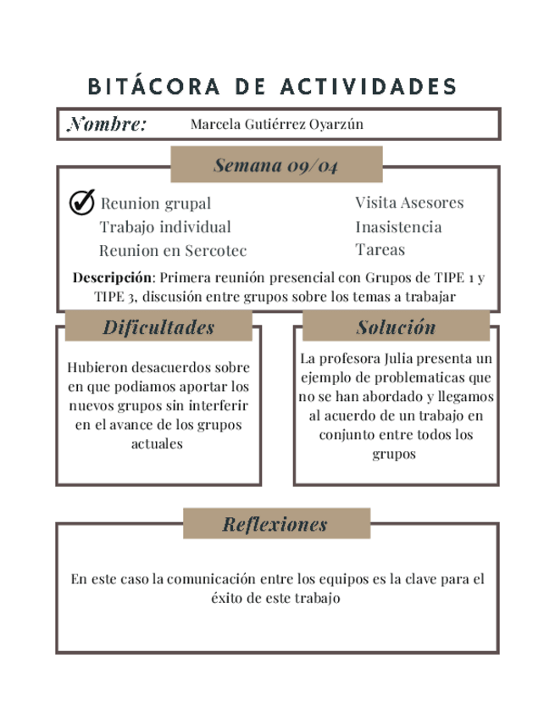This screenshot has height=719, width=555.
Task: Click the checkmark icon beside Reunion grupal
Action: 81,203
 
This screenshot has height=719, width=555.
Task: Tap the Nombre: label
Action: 107,125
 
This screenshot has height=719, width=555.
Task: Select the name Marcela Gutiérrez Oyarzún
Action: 276,125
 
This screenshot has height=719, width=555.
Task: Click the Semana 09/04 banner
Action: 276,165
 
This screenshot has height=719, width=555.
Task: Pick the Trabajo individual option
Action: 165,227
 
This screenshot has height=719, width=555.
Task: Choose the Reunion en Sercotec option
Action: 173,251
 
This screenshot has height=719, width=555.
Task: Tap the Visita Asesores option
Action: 409,203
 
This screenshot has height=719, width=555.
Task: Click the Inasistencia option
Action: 398,227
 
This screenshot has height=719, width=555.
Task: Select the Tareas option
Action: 380,250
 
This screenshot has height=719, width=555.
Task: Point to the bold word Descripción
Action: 112,277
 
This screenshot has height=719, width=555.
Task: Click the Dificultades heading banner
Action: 158,327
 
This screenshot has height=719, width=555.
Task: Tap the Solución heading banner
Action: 396,327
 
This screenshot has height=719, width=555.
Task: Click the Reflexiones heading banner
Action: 275,524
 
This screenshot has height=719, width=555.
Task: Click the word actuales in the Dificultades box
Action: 158,443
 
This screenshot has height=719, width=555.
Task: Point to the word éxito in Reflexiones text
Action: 229,599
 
